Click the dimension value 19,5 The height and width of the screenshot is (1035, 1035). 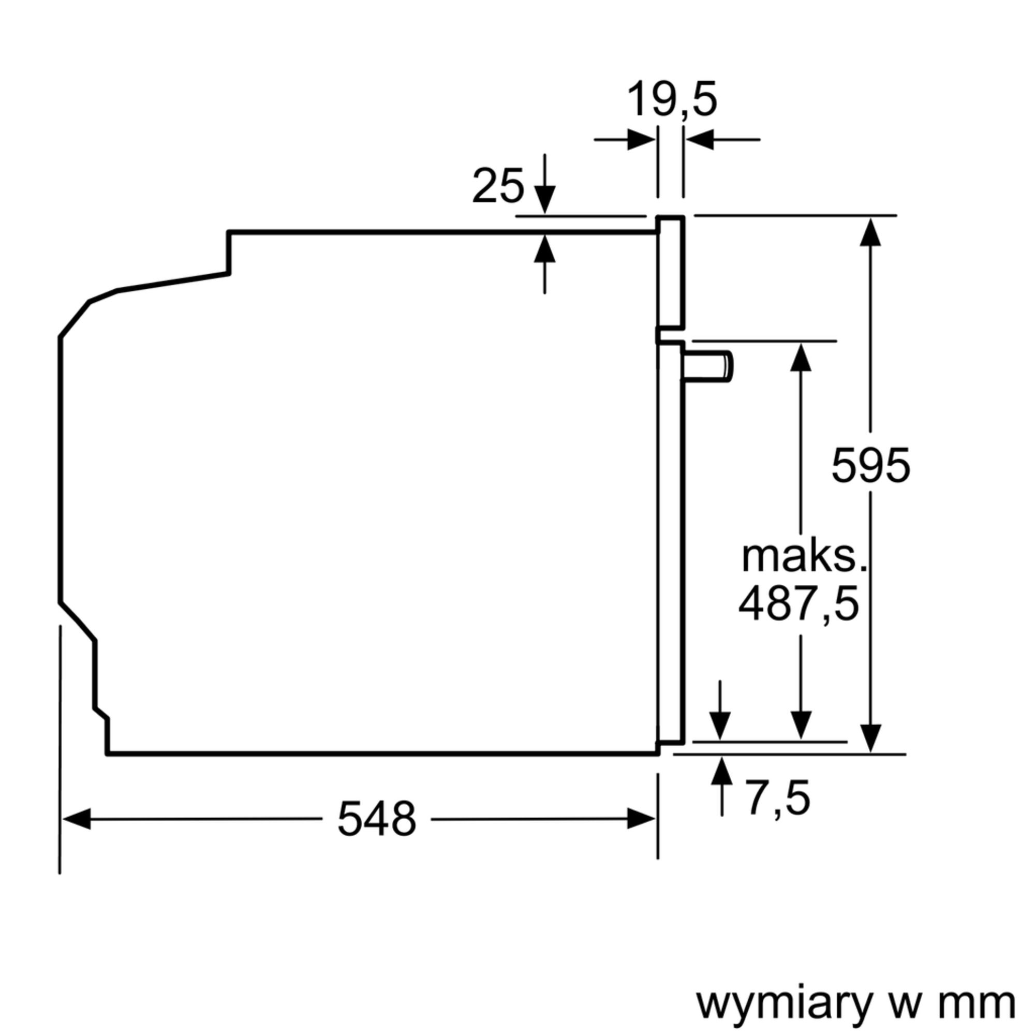671,100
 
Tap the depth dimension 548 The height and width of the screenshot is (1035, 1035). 377,819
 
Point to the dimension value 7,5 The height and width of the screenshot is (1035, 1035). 778,798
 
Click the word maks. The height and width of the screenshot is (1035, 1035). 804,557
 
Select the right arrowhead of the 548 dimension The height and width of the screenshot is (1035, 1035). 641,819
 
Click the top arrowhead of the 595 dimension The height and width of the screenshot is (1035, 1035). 870,232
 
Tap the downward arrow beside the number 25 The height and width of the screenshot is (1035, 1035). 545,199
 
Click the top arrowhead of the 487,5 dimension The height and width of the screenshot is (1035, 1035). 801,357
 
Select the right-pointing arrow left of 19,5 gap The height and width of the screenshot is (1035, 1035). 641,140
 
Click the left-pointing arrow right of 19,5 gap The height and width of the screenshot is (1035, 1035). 700,140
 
